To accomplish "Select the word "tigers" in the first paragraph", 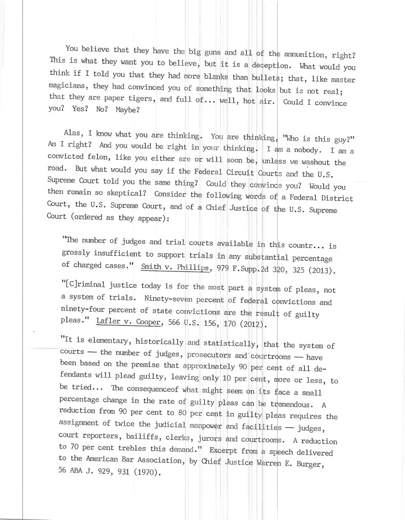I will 140,99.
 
